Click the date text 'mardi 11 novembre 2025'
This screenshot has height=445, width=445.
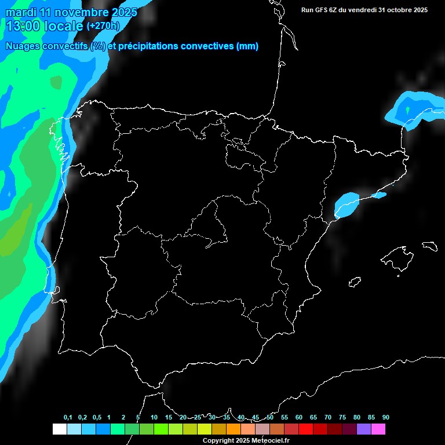71,12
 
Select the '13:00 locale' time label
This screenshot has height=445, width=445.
45,26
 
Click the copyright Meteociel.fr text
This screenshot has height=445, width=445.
246,441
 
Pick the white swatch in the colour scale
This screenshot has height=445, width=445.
59,429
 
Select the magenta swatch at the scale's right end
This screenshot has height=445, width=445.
378,429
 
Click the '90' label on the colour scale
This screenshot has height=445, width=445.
385,418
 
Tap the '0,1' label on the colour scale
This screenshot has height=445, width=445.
68,418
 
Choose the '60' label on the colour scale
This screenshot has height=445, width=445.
298,418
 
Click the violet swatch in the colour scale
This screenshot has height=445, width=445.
363,429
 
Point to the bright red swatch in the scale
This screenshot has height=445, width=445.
305,429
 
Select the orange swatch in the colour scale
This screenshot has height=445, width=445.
233,429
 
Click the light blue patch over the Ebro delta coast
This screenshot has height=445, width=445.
346,205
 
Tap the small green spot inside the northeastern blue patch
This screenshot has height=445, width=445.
407,109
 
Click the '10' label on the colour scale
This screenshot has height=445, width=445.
154,418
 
